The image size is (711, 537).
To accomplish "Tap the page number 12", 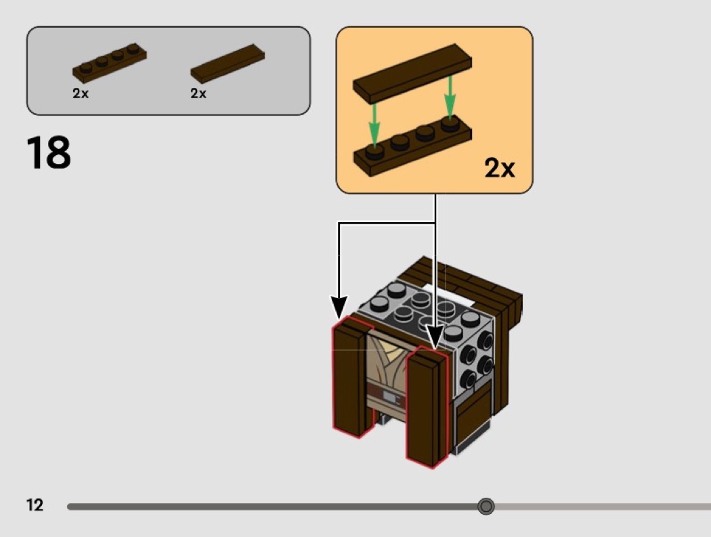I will click(35, 505).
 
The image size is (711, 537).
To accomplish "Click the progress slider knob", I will click(486, 506).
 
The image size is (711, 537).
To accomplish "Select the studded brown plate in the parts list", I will click(109, 61).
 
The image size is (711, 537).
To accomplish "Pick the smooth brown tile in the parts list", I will click(228, 65).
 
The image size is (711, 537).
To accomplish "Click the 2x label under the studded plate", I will click(81, 94).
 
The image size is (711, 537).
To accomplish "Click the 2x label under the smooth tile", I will click(198, 94).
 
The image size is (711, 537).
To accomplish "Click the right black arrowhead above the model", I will click(435, 336).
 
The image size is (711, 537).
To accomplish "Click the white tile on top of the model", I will click(447, 293).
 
